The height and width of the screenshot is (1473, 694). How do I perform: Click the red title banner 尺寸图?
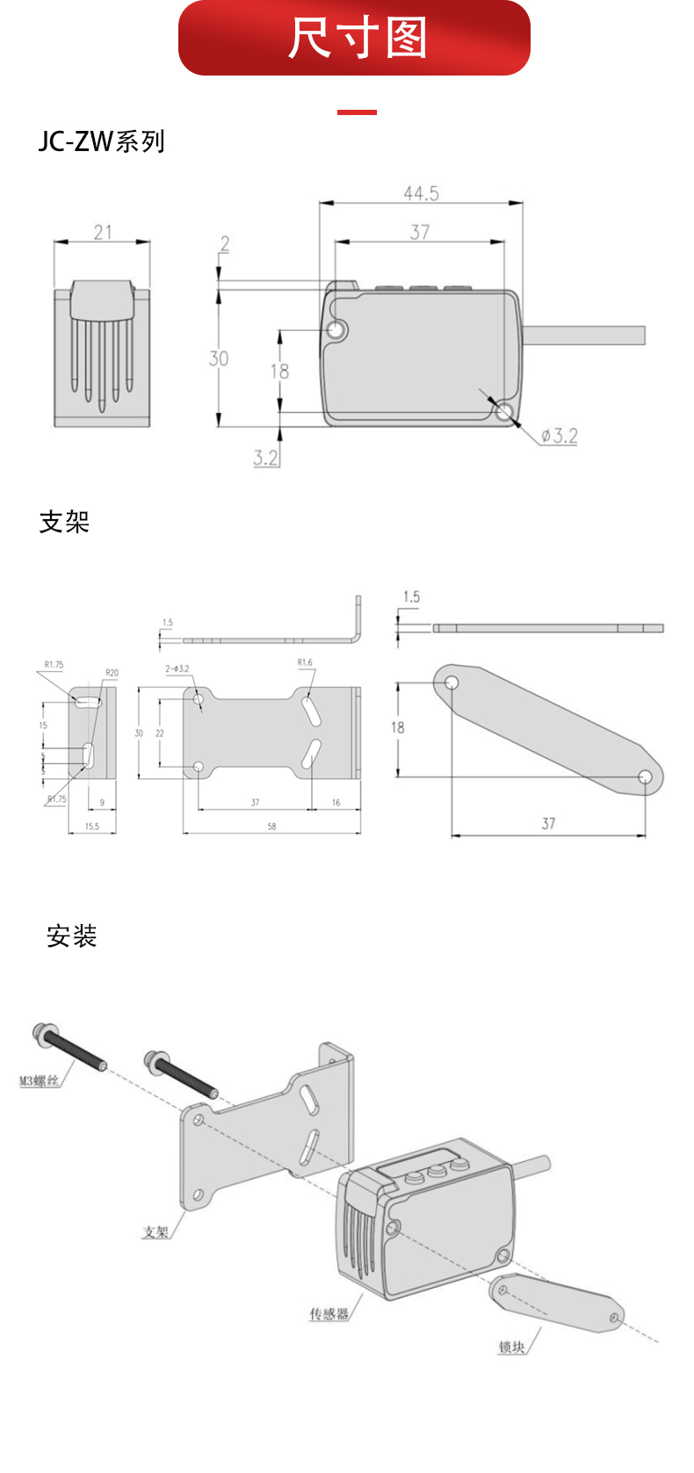354,38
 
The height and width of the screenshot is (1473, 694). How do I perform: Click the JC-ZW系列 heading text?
101,141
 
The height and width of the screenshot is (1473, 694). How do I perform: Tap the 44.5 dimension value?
421,193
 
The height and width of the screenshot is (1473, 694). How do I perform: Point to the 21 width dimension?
103,232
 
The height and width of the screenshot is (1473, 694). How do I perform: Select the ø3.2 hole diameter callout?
559,436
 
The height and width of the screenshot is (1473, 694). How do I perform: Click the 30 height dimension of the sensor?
218,358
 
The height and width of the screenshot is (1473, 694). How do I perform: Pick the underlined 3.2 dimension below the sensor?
265,458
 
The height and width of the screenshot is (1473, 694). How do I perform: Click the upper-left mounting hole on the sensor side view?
336,330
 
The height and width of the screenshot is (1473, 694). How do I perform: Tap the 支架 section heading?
64,522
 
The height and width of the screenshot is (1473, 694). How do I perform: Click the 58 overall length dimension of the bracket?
271,827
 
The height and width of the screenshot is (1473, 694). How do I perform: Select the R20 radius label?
112,673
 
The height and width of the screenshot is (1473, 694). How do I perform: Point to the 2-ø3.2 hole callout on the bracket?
177,668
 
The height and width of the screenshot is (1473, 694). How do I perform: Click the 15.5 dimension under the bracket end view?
92,827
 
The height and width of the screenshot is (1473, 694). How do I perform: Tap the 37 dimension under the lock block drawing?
548,824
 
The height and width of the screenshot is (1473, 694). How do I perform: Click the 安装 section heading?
71,936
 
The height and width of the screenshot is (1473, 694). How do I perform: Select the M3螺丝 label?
40,1080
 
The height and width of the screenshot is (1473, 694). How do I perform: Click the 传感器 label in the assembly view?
329,1314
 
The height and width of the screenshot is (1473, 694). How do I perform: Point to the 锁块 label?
511,1347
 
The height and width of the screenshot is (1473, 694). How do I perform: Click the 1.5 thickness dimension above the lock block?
411,597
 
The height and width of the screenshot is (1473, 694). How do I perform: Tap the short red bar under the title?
357,112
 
